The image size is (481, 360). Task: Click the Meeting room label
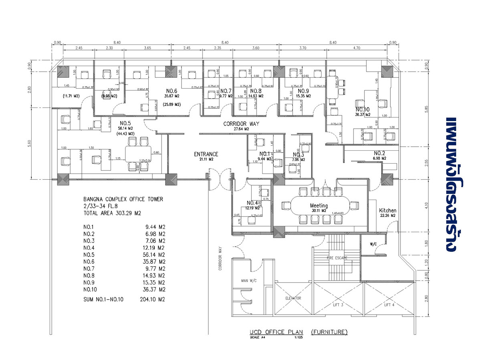point(319,205)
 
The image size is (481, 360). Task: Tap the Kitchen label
point(388,210)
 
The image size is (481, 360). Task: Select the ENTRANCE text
point(206,154)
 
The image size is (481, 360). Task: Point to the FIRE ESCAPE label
point(337,258)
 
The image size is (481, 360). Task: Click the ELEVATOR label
point(293,298)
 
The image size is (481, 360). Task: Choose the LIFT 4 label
point(389,305)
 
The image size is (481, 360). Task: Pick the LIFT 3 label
point(338,305)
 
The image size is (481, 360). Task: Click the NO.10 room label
point(362,109)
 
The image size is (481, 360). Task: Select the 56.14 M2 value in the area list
point(155,255)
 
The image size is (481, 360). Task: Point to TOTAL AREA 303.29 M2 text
point(112,213)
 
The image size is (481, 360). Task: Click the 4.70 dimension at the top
point(356,48)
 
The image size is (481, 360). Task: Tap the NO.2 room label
point(380,153)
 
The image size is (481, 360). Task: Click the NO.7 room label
point(226,91)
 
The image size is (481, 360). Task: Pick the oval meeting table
point(319,206)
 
